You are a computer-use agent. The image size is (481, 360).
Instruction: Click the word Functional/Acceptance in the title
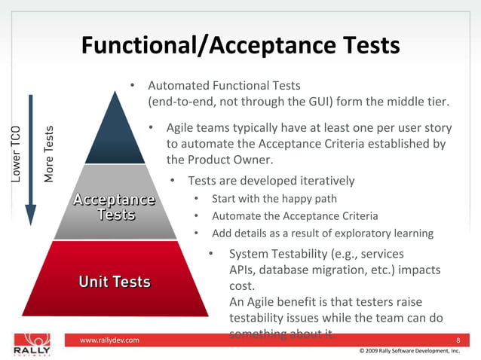(203, 46)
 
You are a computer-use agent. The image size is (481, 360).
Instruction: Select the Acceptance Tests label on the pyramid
(114, 207)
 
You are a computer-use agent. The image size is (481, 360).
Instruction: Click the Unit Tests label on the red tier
(115, 282)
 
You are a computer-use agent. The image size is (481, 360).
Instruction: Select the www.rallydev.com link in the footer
(109, 341)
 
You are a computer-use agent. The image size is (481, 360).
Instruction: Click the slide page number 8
(458, 341)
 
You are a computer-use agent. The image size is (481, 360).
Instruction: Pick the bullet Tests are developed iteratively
(271, 181)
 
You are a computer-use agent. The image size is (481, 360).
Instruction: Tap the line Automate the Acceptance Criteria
(295, 216)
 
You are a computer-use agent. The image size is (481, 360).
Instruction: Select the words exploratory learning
(385, 233)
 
